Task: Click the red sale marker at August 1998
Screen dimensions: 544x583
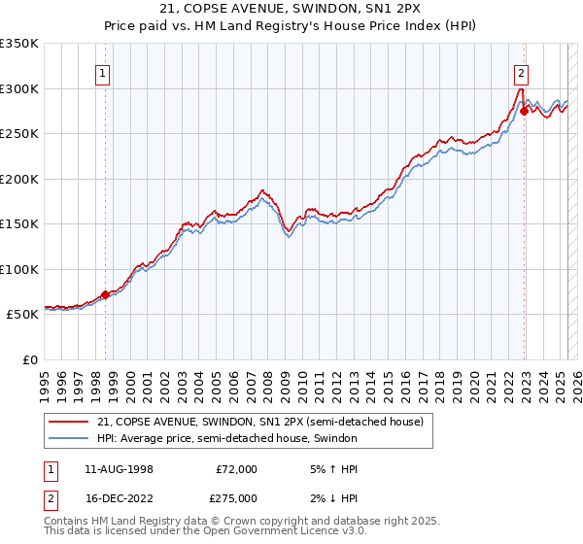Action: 105,294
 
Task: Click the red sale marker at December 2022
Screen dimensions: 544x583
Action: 524,111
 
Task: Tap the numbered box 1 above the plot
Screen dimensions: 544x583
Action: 103,71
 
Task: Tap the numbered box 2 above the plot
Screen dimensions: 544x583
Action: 521,71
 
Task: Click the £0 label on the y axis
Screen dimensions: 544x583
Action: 29,359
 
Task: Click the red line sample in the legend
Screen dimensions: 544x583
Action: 69,423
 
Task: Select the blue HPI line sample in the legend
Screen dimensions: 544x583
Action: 69,439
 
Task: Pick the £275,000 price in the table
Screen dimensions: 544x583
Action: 236,497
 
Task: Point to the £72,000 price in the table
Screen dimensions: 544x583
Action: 236,469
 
